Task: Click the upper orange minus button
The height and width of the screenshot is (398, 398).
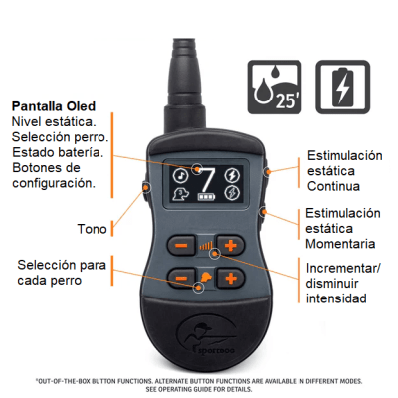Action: [x=182, y=244]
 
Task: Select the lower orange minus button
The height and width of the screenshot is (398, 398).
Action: [x=182, y=278]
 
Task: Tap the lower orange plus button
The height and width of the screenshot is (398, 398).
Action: [x=231, y=278]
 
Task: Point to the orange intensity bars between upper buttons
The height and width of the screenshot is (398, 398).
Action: [x=206, y=244]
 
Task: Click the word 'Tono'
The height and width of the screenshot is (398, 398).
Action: [x=91, y=229]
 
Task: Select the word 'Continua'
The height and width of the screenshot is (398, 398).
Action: [x=336, y=186]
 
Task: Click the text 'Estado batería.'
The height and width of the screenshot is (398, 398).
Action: [x=58, y=152]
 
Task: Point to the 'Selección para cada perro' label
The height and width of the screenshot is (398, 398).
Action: [x=62, y=271]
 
